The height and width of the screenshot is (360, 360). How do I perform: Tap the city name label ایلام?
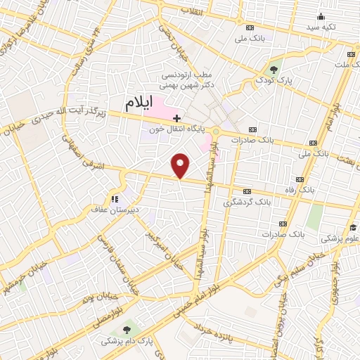[x=139, y=103]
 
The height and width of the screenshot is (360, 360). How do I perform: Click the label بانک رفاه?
[x=308, y=190]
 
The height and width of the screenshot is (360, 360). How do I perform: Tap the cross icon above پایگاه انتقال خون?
[x=178, y=118]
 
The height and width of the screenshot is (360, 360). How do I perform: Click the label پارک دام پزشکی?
[x=125, y=341]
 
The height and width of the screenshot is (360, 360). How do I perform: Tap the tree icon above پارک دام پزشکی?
[x=127, y=328]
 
